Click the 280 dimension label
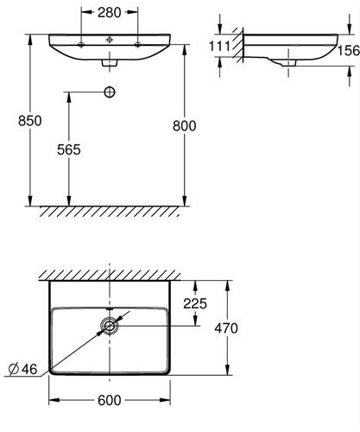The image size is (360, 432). point(109,13)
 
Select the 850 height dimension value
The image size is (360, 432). point(29,121)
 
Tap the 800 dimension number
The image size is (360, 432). point(185,126)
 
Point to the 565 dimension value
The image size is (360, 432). point(69,149)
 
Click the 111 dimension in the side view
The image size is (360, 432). point(219,46)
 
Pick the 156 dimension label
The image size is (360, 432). point(349,50)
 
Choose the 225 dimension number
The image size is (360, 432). point(195,303)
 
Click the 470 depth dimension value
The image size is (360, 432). point(226,328)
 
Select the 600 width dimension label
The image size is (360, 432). point(110,400)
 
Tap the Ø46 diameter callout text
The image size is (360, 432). point(22,369)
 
